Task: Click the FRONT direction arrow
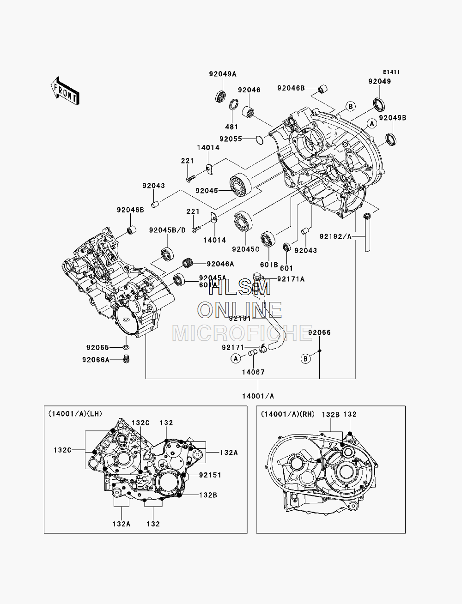[x=65, y=91]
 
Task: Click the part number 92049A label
[x=223, y=74]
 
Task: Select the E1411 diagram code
[x=391, y=72]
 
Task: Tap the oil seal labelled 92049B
[x=391, y=139]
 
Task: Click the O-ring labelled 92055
[x=259, y=140]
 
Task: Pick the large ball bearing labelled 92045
[x=240, y=185]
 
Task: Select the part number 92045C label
[x=246, y=249]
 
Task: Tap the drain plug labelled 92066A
[x=126, y=359]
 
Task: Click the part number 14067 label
[x=253, y=372]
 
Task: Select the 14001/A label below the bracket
[x=258, y=396]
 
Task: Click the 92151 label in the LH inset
[x=210, y=475]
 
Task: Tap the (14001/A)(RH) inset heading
[x=288, y=414]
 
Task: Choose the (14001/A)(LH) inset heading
[x=75, y=414]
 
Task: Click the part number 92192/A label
[x=335, y=236]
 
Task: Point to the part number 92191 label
[x=240, y=318]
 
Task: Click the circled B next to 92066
[x=306, y=359]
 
